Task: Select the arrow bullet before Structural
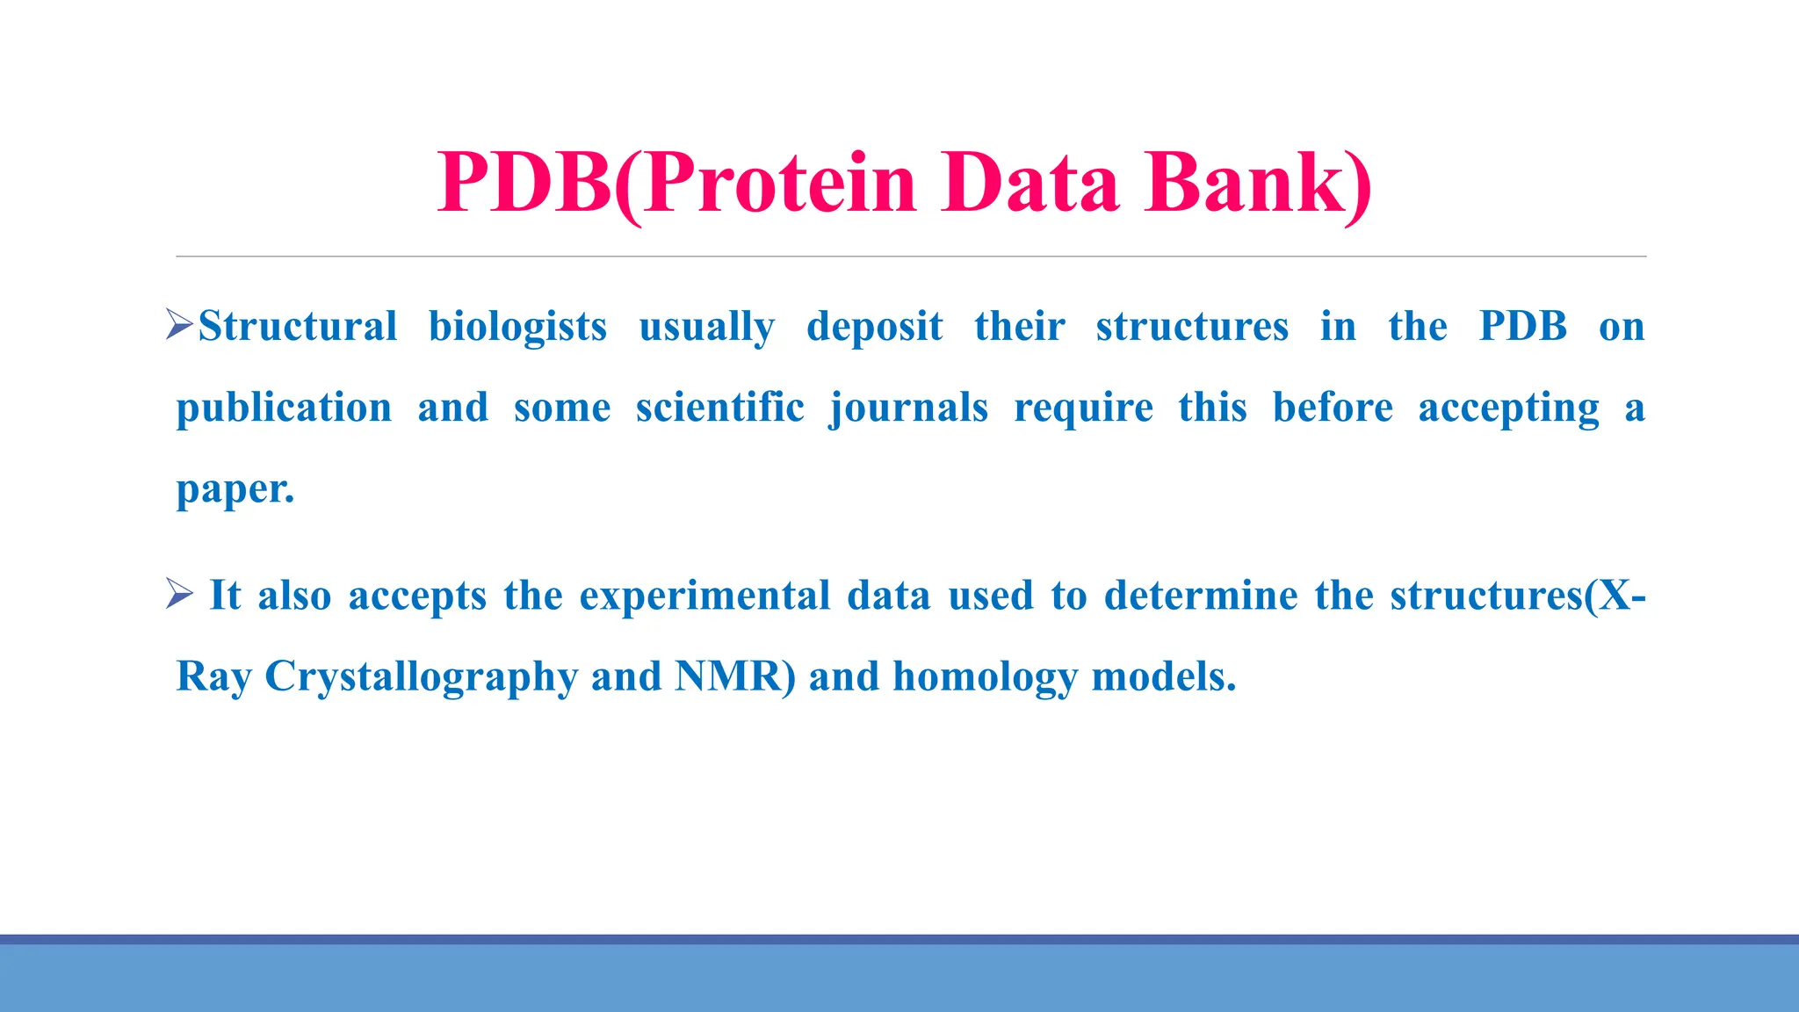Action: pos(179,325)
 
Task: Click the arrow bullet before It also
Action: pos(179,595)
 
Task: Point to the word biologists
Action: pos(517,327)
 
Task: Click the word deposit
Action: pos(874,327)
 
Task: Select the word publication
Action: pos(284,408)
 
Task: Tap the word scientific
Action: pos(719,408)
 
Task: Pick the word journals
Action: pos(909,408)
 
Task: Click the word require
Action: pos(1083,408)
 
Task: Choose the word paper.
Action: pos(235,489)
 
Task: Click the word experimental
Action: pos(704,596)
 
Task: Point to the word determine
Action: pos(1200,596)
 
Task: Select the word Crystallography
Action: pos(421,677)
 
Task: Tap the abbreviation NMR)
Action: pos(735,676)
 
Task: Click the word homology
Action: pos(985,677)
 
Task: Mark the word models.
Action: pos(1163,676)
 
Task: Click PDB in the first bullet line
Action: pos(1522,326)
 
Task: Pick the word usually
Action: pos(706,327)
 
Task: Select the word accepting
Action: pos(1508,408)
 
